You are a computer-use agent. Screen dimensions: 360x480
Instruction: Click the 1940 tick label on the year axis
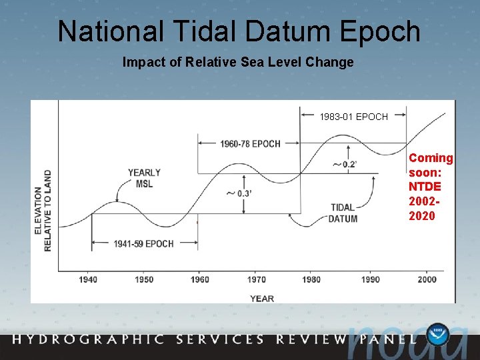[x=88, y=279]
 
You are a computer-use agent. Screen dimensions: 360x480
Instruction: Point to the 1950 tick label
[x=143, y=279]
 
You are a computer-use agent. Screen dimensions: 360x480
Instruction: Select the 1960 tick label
[x=200, y=279]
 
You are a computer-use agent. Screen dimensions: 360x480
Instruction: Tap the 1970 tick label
[x=255, y=279]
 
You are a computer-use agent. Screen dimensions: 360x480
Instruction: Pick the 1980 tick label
[x=311, y=279]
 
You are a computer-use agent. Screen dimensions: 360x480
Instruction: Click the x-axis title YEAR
[x=262, y=298]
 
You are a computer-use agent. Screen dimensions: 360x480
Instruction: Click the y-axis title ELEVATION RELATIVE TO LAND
[x=42, y=210]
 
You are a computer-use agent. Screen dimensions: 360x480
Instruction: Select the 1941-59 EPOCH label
[x=143, y=244]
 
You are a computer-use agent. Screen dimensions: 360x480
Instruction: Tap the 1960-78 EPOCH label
[x=251, y=143]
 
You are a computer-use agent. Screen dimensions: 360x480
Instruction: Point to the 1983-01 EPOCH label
[x=353, y=117]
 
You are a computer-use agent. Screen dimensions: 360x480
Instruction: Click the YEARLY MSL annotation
[x=144, y=178]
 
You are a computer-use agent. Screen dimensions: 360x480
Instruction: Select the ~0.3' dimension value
[x=239, y=193]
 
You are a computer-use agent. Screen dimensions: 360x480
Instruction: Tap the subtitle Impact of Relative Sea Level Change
[x=238, y=63]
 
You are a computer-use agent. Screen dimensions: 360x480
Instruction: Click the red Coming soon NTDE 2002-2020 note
[x=430, y=187]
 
